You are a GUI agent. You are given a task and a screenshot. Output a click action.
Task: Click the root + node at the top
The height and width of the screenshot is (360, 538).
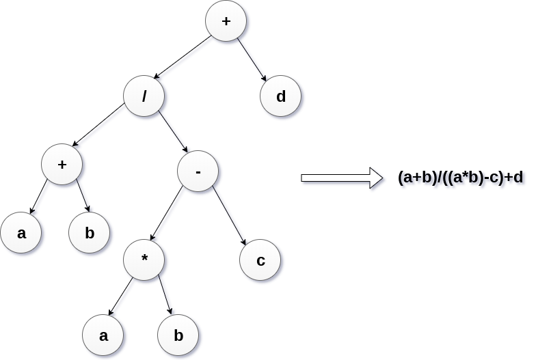[226, 21]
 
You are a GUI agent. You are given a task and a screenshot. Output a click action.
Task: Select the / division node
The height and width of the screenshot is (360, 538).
[144, 96]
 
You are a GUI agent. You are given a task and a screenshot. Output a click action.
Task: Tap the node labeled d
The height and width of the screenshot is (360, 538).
[280, 96]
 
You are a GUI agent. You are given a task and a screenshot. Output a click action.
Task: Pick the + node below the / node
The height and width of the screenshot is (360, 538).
[62, 165]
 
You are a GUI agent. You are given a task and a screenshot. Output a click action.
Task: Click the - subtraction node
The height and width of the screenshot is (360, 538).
[198, 171]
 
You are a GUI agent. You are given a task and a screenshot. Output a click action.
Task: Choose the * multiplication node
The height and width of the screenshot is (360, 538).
[144, 260]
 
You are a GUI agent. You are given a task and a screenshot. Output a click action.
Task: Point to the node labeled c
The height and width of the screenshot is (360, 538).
[260, 260]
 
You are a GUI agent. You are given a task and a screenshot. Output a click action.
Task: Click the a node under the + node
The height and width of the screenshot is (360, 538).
[21, 233]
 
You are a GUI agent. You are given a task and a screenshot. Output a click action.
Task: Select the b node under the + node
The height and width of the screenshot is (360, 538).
[90, 233]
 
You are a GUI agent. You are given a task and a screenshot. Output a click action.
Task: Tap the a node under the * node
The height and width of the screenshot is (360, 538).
[103, 335]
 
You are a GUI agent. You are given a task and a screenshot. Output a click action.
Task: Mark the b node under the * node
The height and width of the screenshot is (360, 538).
[178, 335]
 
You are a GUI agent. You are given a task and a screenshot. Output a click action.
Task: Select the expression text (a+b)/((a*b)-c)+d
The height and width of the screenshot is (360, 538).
[460, 178]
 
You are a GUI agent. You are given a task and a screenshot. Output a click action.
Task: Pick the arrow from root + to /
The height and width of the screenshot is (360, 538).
[183, 57]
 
